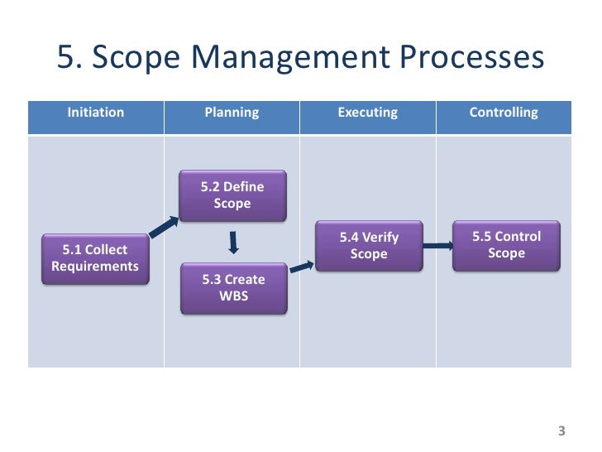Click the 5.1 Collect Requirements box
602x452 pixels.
95,258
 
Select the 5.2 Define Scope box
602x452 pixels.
232,195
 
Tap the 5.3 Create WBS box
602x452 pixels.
233,288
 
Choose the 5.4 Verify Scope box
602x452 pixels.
369,246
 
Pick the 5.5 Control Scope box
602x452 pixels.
506,245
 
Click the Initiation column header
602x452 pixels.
96,113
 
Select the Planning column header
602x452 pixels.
232,113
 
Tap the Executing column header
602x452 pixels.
368,113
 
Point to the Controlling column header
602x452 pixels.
504,113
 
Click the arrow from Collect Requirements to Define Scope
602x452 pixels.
163,226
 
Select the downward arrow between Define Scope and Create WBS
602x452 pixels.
234,242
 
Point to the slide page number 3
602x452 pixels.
562,430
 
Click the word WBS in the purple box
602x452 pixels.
233,296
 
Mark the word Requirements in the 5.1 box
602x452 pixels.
95,267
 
